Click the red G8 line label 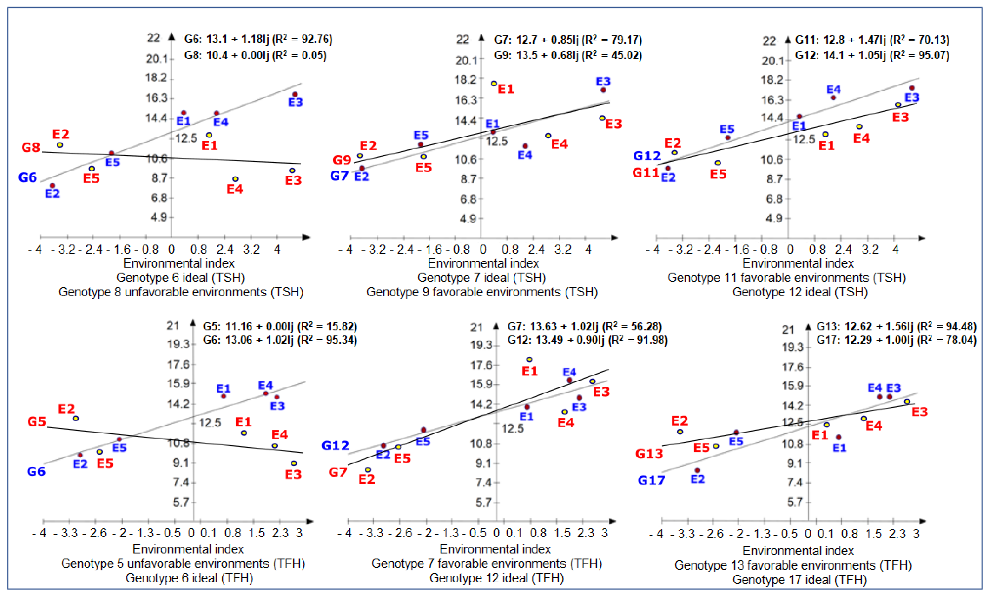31,147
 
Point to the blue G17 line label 652,480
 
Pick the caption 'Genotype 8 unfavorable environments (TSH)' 181,292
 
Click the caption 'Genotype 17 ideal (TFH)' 799,580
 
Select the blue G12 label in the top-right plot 647,156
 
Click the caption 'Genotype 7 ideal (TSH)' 482,278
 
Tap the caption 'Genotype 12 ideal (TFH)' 496,578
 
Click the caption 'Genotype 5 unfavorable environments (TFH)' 183,564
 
